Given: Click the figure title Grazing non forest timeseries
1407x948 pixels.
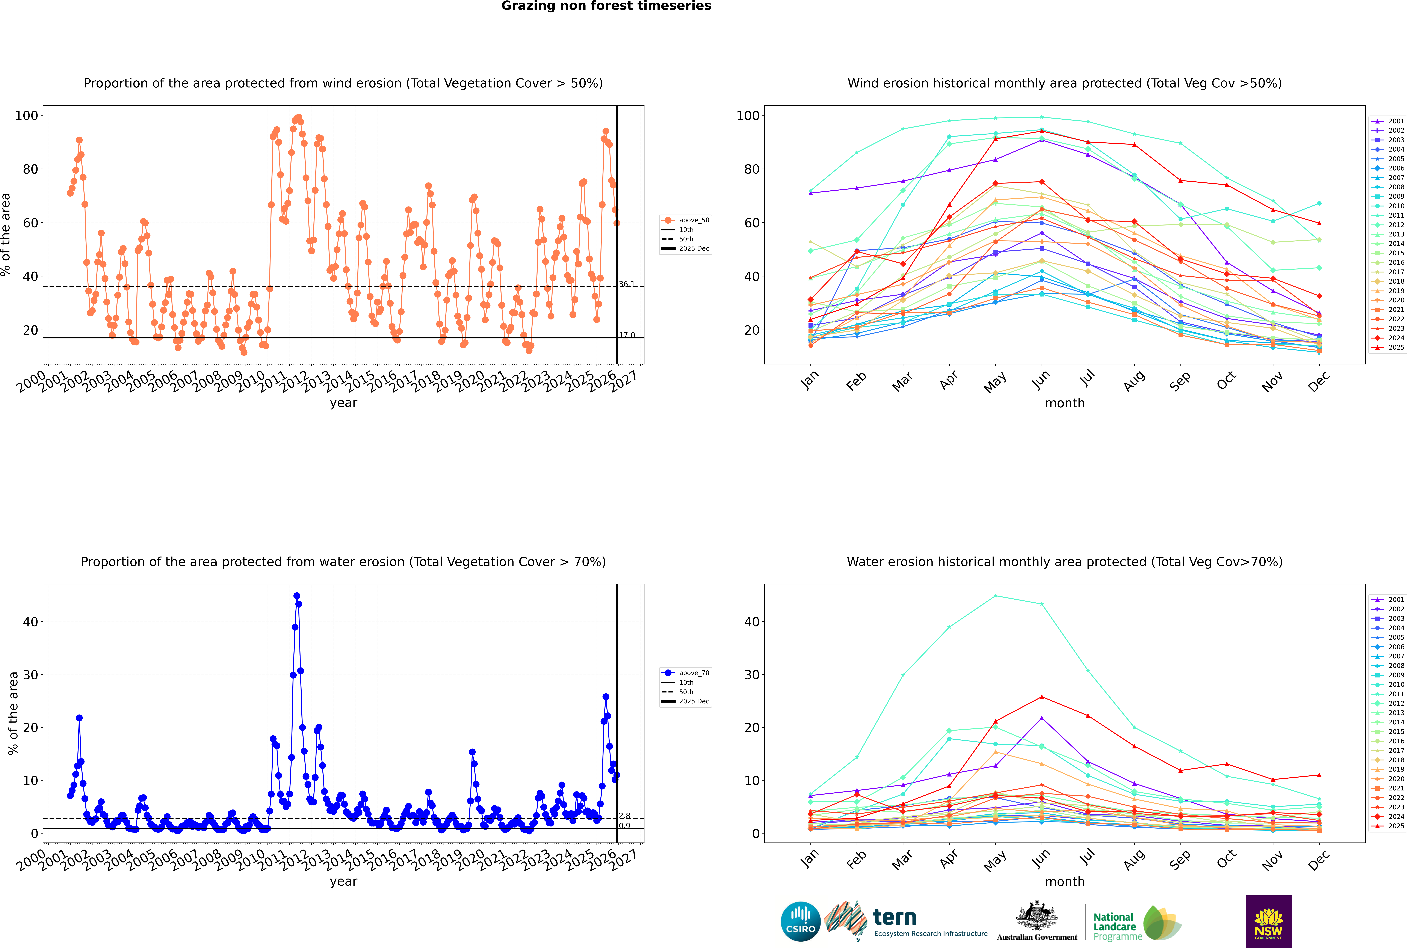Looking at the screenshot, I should tap(606, 6).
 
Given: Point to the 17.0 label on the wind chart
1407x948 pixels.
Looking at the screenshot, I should tap(627, 335).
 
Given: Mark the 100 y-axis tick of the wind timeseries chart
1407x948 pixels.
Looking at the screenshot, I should tap(27, 116).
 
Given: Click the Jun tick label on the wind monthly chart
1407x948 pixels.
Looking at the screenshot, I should tap(1040, 380).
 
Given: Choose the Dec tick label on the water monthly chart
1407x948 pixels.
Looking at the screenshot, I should tap(1319, 859).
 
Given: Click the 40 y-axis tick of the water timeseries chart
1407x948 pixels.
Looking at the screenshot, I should tap(30, 621).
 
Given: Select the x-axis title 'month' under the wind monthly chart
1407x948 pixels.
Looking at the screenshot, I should tap(1065, 403).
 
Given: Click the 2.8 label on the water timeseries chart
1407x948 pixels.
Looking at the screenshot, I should tap(624, 816).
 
